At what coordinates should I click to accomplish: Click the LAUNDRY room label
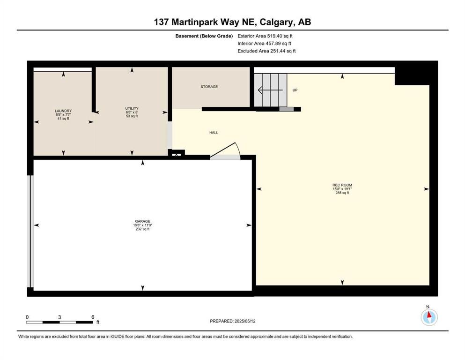point(63,111)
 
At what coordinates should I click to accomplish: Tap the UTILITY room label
point(132,108)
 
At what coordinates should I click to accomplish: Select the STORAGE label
point(209,87)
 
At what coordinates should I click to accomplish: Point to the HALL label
point(214,133)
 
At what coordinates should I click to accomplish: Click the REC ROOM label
point(342,185)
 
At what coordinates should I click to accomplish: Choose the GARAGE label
point(142,221)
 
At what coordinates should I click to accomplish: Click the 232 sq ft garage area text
point(142,229)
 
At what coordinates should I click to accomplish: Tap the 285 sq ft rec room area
point(342,193)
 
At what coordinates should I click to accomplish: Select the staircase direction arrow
point(270,90)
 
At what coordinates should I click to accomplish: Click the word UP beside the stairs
point(295,90)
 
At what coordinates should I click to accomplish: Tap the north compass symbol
point(429,317)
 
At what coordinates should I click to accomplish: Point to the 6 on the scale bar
point(93,317)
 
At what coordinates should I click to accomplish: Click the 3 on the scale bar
point(60,317)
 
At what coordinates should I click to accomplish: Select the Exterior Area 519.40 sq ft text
point(267,36)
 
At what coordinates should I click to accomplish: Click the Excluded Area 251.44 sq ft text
point(267,51)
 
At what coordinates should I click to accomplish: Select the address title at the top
point(232,22)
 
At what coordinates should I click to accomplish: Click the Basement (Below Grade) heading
point(206,36)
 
